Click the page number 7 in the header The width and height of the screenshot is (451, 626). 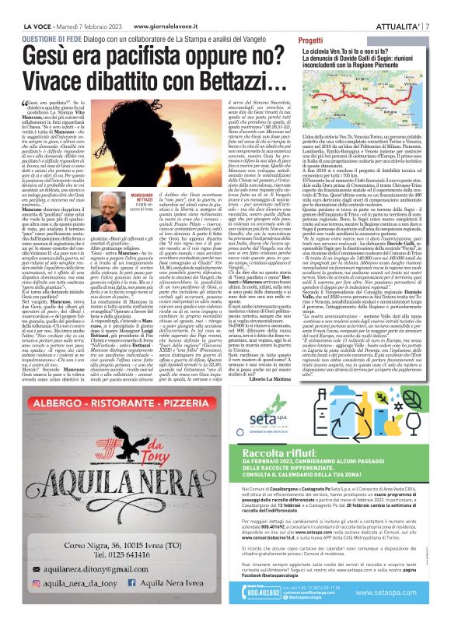(439, 9)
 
